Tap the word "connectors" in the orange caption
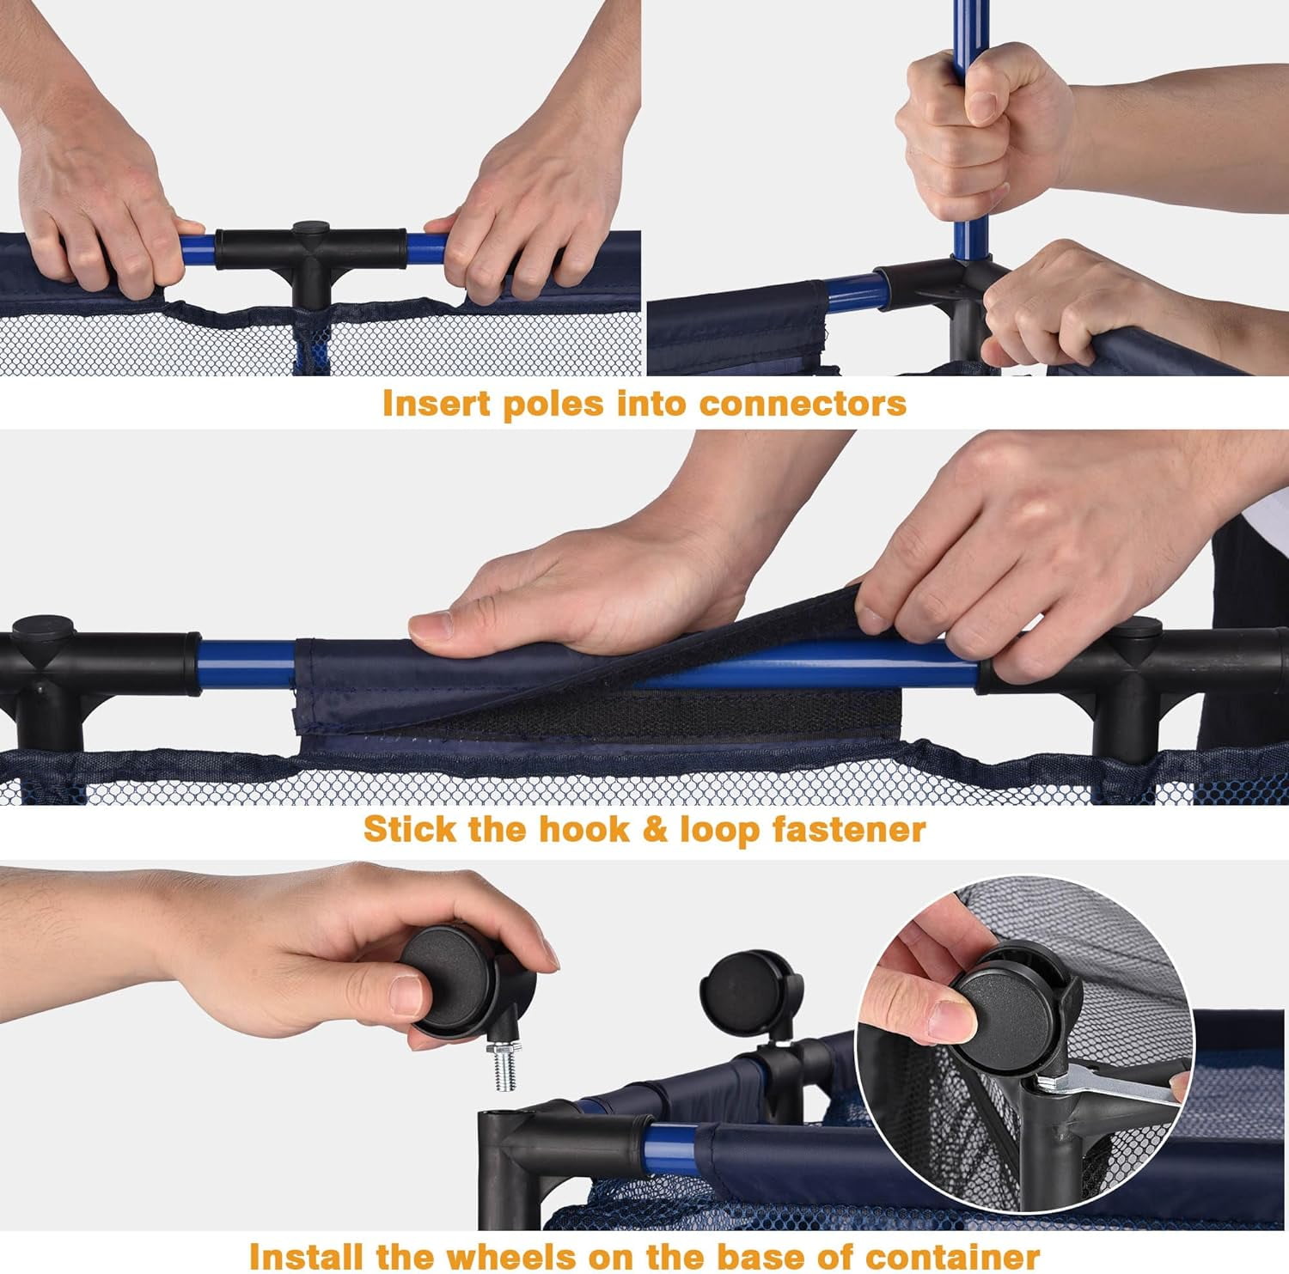pyautogui.click(x=803, y=403)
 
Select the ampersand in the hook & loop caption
pyautogui.click(x=655, y=830)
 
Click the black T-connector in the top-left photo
pyautogui.click(x=310, y=258)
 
